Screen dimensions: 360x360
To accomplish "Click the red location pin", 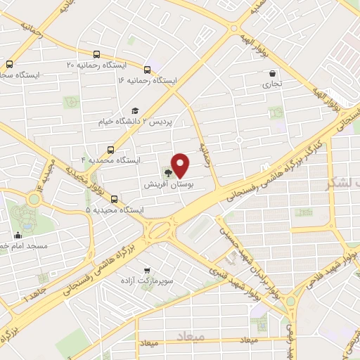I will click(x=181, y=165).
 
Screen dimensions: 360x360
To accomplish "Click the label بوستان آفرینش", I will click(x=169, y=185).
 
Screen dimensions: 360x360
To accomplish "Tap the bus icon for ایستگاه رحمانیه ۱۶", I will click(x=147, y=70).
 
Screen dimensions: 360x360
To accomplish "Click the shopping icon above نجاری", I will click(x=272, y=73).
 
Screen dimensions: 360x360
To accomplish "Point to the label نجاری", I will click(x=272, y=84).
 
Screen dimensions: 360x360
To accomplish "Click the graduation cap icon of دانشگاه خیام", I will click(x=134, y=110).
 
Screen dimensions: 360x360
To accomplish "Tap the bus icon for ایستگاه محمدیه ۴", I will click(x=110, y=149).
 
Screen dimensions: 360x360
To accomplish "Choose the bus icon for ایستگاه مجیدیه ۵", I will click(x=114, y=199).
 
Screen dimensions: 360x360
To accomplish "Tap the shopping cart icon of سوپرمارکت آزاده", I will click(x=146, y=270).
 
